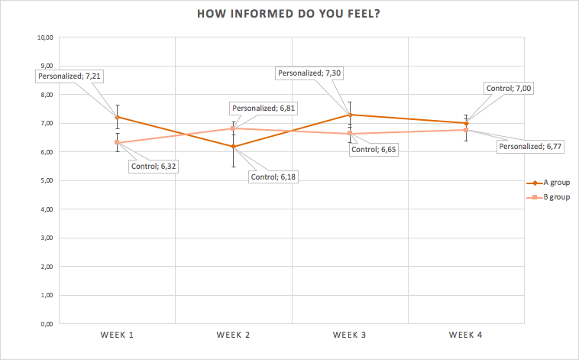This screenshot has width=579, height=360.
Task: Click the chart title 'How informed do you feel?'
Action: (x=289, y=14)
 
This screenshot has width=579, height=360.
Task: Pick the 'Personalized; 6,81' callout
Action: (x=264, y=109)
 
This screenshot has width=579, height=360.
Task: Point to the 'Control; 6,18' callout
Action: (x=273, y=177)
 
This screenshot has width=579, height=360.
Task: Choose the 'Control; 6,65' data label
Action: (x=374, y=149)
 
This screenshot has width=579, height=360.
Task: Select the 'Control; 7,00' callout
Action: (x=509, y=89)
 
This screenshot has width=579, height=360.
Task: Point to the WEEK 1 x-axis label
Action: (x=117, y=335)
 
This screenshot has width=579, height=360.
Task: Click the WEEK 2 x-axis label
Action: (x=234, y=335)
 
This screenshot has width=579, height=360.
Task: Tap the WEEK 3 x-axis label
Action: (x=350, y=335)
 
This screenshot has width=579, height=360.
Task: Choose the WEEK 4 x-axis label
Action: (x=466, y=335)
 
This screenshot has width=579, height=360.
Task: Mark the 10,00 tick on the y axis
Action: (x=45, y=37)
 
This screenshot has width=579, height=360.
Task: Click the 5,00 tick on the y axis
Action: (x=47, y=180)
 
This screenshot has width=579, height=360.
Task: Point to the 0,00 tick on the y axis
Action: (x=47, y=324)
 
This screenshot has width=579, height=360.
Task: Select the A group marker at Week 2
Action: (x=234, y=147)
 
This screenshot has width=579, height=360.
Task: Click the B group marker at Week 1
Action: (x=117, y=142)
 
